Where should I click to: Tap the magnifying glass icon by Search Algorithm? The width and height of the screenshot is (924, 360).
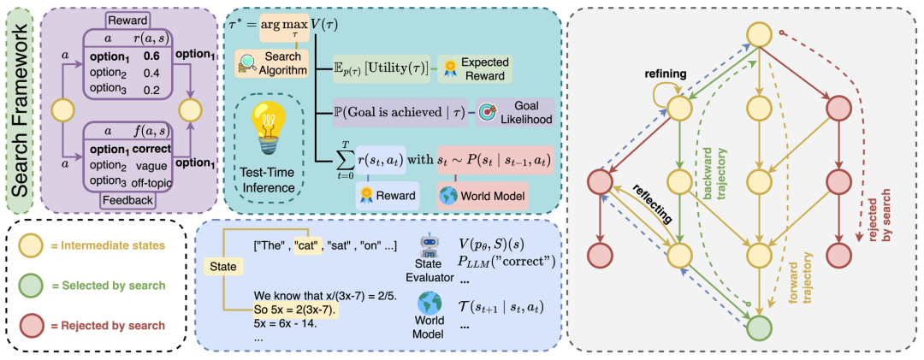247,61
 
